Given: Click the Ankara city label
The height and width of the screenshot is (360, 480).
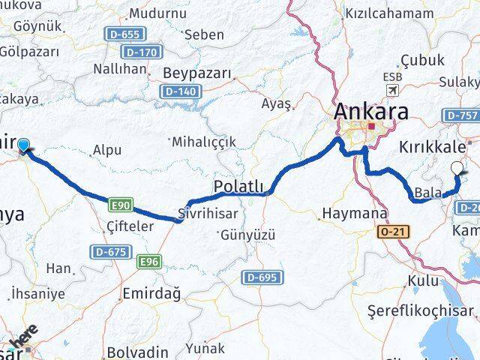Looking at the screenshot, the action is pos(372,112).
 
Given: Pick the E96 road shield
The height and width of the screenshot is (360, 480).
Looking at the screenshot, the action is pos(151,262).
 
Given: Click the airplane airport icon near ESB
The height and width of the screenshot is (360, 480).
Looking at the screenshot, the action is pos(391,90).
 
